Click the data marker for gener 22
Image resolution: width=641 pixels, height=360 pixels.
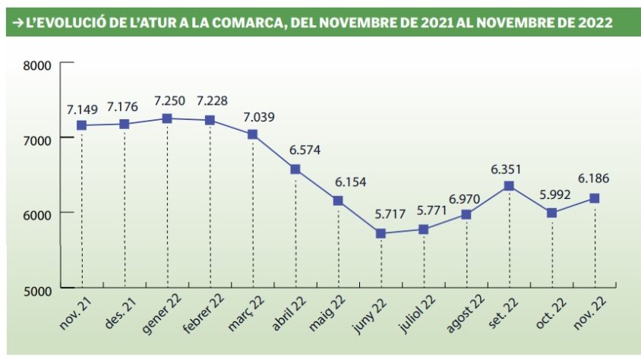[167, 118]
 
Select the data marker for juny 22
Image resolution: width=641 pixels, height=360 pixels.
[380, 233]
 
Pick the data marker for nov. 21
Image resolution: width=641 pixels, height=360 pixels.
[81, 125]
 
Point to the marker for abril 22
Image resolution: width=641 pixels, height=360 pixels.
[295, 169]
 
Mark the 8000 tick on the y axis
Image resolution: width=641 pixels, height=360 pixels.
[37, 66]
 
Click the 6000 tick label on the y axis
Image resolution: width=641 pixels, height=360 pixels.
[37, 214]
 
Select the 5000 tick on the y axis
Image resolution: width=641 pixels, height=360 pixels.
[37, 289]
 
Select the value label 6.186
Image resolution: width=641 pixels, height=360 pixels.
[594, 179]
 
